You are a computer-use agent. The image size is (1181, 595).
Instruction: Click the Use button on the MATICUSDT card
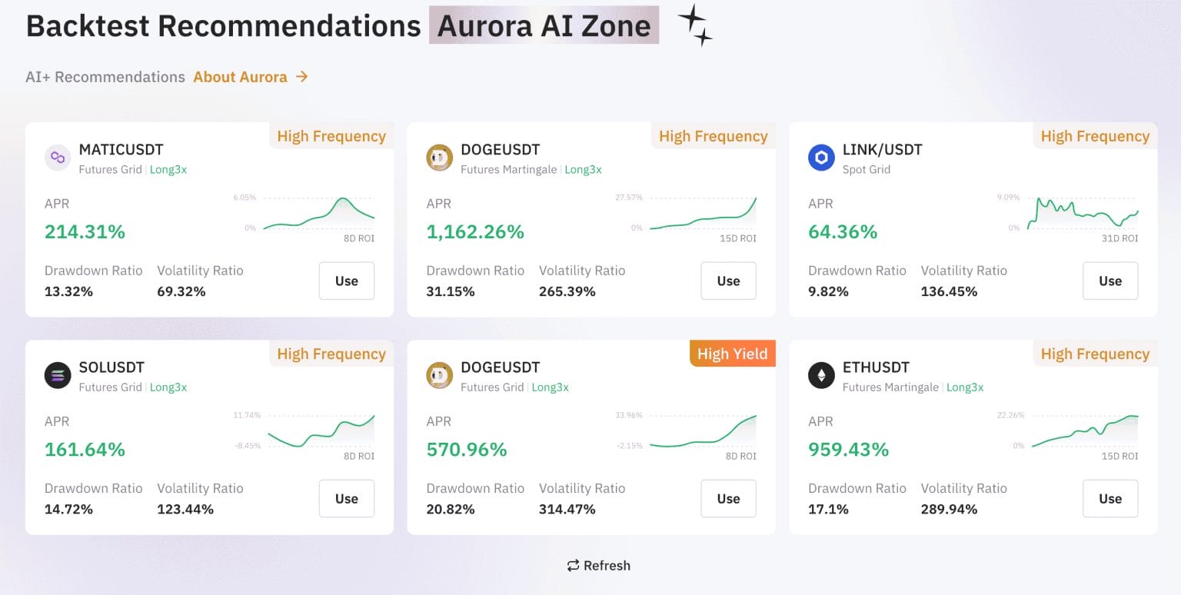click(x=347, y=281)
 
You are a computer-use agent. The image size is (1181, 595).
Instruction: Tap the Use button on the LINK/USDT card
click(x=1110, y=281)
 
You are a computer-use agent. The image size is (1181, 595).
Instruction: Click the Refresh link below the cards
click(x=598, y=566)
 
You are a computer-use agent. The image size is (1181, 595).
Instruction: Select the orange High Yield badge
click(x=732, y=354)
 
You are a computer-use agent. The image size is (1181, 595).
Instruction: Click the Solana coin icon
click(x=58, y=375)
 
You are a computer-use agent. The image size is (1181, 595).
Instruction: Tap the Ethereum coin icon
click(x=821, y=375)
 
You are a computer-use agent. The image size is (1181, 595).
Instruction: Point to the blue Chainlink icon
click(x=821, y=158)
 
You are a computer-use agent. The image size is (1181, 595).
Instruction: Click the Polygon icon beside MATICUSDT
click(x=58, y=158)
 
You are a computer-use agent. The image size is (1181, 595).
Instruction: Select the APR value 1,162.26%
click(x=475, y=231)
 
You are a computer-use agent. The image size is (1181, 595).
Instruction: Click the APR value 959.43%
click(x=848, y=449)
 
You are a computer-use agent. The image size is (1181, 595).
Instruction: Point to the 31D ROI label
click(x=1119, y=238)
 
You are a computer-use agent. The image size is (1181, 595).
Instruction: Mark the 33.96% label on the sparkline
click(x=628, y=415)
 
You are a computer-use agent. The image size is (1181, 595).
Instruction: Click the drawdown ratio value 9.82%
click(x=828, y=291)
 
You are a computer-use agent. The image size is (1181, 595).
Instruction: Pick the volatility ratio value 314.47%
click(x=567, y=509)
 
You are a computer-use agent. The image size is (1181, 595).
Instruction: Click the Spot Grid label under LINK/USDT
click(x=866, y=170)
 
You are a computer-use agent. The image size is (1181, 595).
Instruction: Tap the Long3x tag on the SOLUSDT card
click(x=168, y=387)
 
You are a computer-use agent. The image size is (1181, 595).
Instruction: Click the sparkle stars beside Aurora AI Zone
click(x=695, y=25)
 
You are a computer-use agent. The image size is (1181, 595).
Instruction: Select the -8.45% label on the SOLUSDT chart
click(x=247, y=445)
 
